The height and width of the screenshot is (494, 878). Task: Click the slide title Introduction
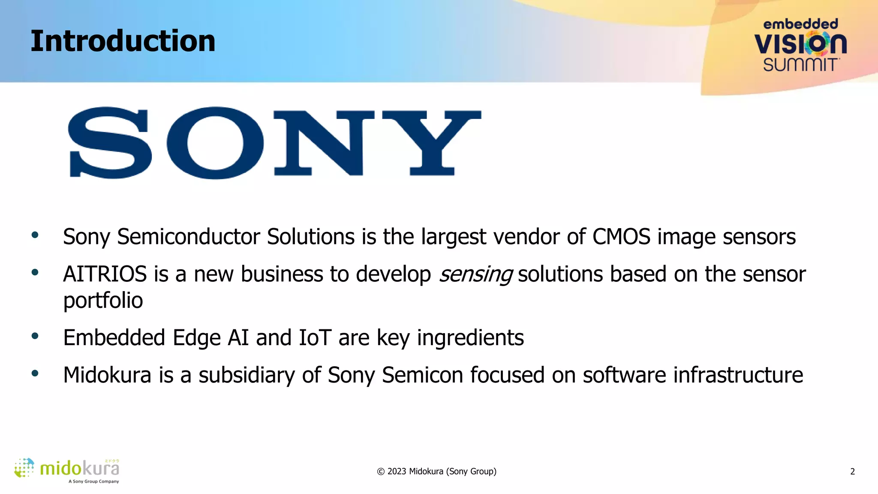(123, 42)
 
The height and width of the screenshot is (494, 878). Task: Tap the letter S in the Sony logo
(110, 143)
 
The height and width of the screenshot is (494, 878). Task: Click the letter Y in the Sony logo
(432, 143)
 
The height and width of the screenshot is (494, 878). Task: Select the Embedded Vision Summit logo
(800, 45)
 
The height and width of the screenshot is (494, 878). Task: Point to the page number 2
(852, 472)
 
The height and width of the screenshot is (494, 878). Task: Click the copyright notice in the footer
(436, 472)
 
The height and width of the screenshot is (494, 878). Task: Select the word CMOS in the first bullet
(621, 237)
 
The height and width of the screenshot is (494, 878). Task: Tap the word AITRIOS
(105, 274)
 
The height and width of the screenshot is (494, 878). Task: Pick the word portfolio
(103, 301)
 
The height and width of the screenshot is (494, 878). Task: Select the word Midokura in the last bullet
(107, 375)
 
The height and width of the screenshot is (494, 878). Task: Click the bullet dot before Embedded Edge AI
(35, 336)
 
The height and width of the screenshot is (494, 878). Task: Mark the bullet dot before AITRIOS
(35, 272)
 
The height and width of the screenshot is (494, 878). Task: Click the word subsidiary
(247, 375)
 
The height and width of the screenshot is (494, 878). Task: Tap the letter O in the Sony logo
(215, 143)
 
